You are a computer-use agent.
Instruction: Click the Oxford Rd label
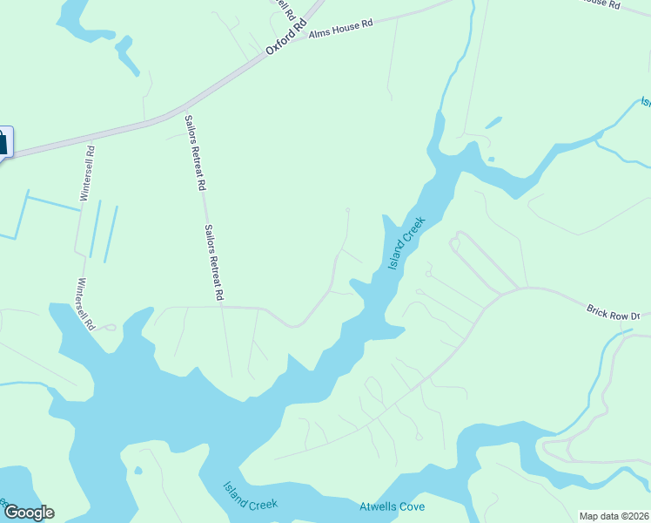click(x=287, y=39)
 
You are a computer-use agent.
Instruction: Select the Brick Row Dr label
click(x=613, y=312)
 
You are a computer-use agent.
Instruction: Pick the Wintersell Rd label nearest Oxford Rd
click(x=87, y=173)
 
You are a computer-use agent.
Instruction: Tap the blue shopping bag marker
click(x=3, y=142)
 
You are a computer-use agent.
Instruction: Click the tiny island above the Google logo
click(x=138, y=472)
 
